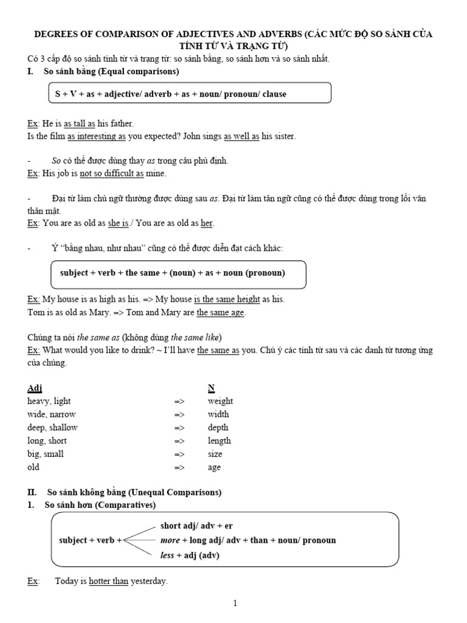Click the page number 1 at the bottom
pyautogui.click(x=235, y=603)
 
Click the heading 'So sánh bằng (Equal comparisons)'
pyautogui.click(x=111, y=72)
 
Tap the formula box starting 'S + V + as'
pyautogui.click(x=189, y=94)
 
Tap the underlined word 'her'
pyautogui.click(x=207, y=223)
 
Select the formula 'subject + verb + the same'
pyautogui.click(x=172, y=273)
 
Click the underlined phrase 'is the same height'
pyautogui.click(x=227, y=299)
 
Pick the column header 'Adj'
pyautogui.click(x=35, y=388)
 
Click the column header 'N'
pyautogui.click(x=211, y=388)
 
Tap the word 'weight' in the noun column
pyautogui.click(x=220, y=401)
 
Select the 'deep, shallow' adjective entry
pyautogui.click(x=52, y=427)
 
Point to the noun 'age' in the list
pyautogui.click(x=214, y=467)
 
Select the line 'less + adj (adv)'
pyautogui.click(x=190, y=555)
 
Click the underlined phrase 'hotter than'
pyautogui.click(x=108, y=581)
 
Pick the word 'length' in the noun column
pyautogui.click(x=219, y=440)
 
